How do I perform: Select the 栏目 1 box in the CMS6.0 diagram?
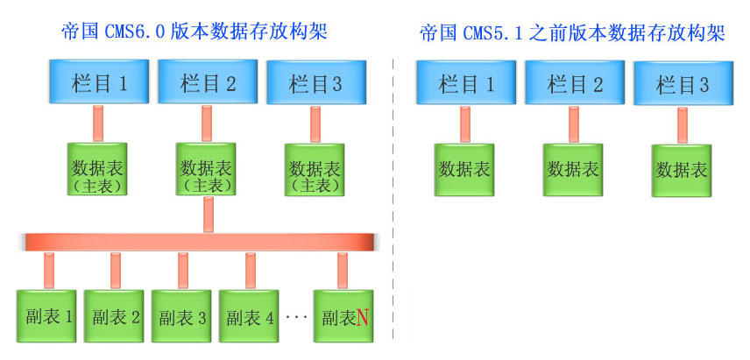point(99,83)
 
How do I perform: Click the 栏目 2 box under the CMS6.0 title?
point(209,83)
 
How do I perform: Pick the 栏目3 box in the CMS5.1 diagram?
point(683,85)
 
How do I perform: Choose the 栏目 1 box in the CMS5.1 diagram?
point(466,83)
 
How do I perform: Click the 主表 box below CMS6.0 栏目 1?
point(98,171)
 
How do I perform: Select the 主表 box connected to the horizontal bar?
point(209,171)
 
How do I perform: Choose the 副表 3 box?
point(182,315)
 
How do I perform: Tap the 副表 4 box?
point(250,315)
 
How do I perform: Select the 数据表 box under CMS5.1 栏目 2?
point(574,169)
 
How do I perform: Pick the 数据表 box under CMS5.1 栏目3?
point(681,170)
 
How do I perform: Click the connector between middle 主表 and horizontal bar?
point(209,215)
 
